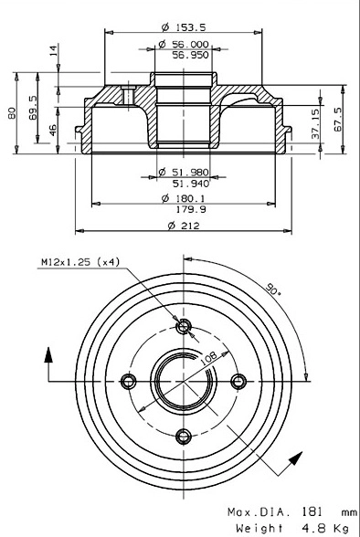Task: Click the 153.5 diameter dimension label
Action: (184, 27)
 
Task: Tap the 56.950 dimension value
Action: (190, 55)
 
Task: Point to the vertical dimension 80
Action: (12, 112)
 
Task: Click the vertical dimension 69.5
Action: (33, 107)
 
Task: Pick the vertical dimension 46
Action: (53, 130)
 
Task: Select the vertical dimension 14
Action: (53, 51)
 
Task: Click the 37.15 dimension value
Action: (315, 123)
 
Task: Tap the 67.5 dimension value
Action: (338, 119)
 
